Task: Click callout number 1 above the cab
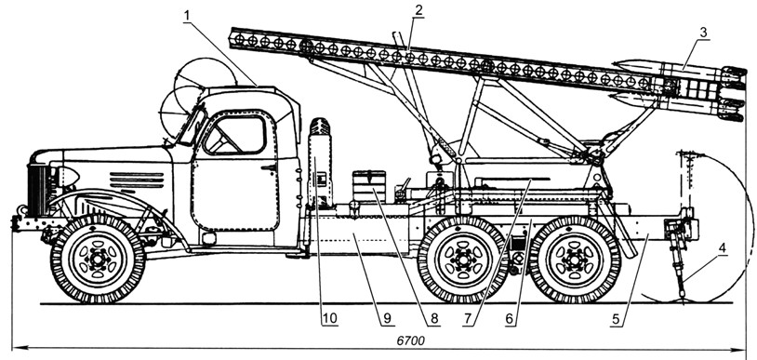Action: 186,16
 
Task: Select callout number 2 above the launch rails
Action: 419,10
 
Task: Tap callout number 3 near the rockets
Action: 703,33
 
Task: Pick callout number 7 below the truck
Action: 468,319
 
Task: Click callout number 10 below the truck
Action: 330,319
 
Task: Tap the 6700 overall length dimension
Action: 410,340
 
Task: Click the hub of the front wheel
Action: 98,260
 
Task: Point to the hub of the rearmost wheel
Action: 575,260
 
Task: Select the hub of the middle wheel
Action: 463,260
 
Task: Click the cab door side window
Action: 235,135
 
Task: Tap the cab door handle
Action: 268,167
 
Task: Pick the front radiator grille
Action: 37,190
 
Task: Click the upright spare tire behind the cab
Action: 320,162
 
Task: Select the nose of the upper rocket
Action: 623,66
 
